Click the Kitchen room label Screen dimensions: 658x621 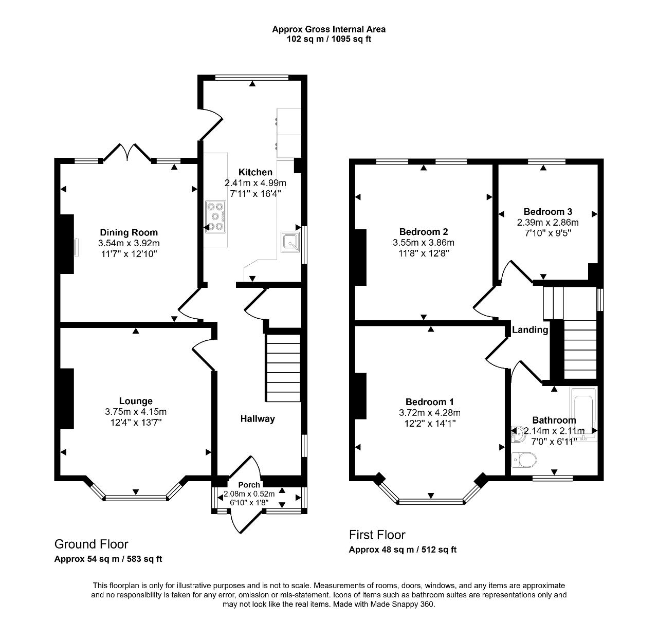[255, 172]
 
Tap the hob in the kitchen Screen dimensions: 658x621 [215, 217]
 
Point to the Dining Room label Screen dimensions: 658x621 [129, 232]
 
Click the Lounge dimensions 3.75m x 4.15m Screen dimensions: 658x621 [136, 412]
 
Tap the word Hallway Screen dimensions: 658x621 [258, 419]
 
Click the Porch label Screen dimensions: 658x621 [249, 485]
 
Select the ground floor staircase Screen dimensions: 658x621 [283, 368]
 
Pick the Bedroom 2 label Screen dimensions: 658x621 [424, 232]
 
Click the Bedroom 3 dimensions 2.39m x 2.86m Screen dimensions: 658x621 [547, 223]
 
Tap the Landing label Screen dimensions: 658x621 [530, 330]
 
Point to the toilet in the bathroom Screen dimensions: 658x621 [524, 460]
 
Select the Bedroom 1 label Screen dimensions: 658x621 [429, 402]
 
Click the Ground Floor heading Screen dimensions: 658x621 [91, 544]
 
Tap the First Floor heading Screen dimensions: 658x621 [377, 535]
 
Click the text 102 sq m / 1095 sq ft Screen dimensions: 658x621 [328, 39]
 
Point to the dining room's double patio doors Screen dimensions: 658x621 [127, 153]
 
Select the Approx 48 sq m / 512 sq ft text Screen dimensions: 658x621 [403, 550]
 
